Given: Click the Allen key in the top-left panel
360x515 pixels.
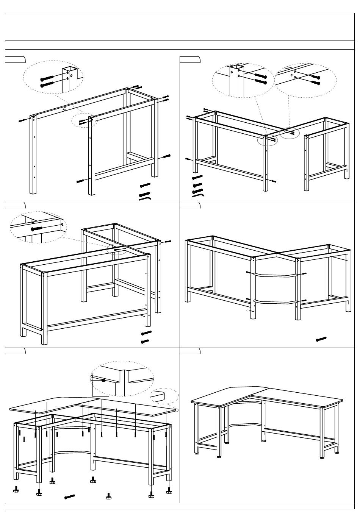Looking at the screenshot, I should [x=145, y=197].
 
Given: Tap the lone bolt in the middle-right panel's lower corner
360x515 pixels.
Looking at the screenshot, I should [x=321, y=339].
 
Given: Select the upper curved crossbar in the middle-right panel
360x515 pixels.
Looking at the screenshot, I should [x=276, y=275].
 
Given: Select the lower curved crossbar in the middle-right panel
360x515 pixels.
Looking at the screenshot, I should [x=275, y=302].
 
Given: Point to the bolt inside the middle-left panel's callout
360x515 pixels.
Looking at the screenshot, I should [x=37, y=228].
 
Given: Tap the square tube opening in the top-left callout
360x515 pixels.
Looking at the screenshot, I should [x=70, y=69].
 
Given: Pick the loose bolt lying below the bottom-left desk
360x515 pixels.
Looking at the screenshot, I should [x=69, y=496].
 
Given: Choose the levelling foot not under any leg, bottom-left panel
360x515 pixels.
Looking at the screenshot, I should [x=109, y=496].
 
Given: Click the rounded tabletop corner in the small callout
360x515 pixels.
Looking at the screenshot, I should [x=160, y=396].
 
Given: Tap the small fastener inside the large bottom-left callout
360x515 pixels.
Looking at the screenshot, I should [x=103, y=380].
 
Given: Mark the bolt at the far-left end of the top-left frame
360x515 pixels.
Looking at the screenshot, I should [x=22, y=121].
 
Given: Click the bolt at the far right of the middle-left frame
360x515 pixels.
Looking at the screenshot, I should [x=167, y=241].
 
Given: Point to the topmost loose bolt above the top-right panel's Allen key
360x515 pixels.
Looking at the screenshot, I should [x=197, y=177].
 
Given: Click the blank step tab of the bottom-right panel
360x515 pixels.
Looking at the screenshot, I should [x=190, y=351].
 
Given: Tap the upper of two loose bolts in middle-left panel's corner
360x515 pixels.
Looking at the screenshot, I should [x=146, y=333].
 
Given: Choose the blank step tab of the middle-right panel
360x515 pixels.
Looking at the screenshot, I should [x=190, y=206].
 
